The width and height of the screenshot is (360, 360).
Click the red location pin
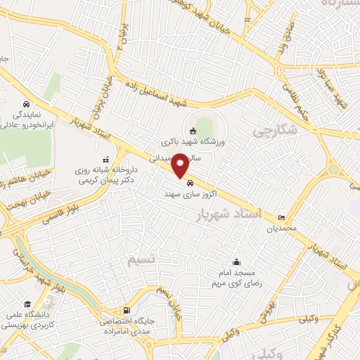click(181, 165)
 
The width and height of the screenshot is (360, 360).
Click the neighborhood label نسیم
click(141, 259)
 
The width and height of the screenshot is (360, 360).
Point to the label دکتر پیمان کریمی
click(98, 180)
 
